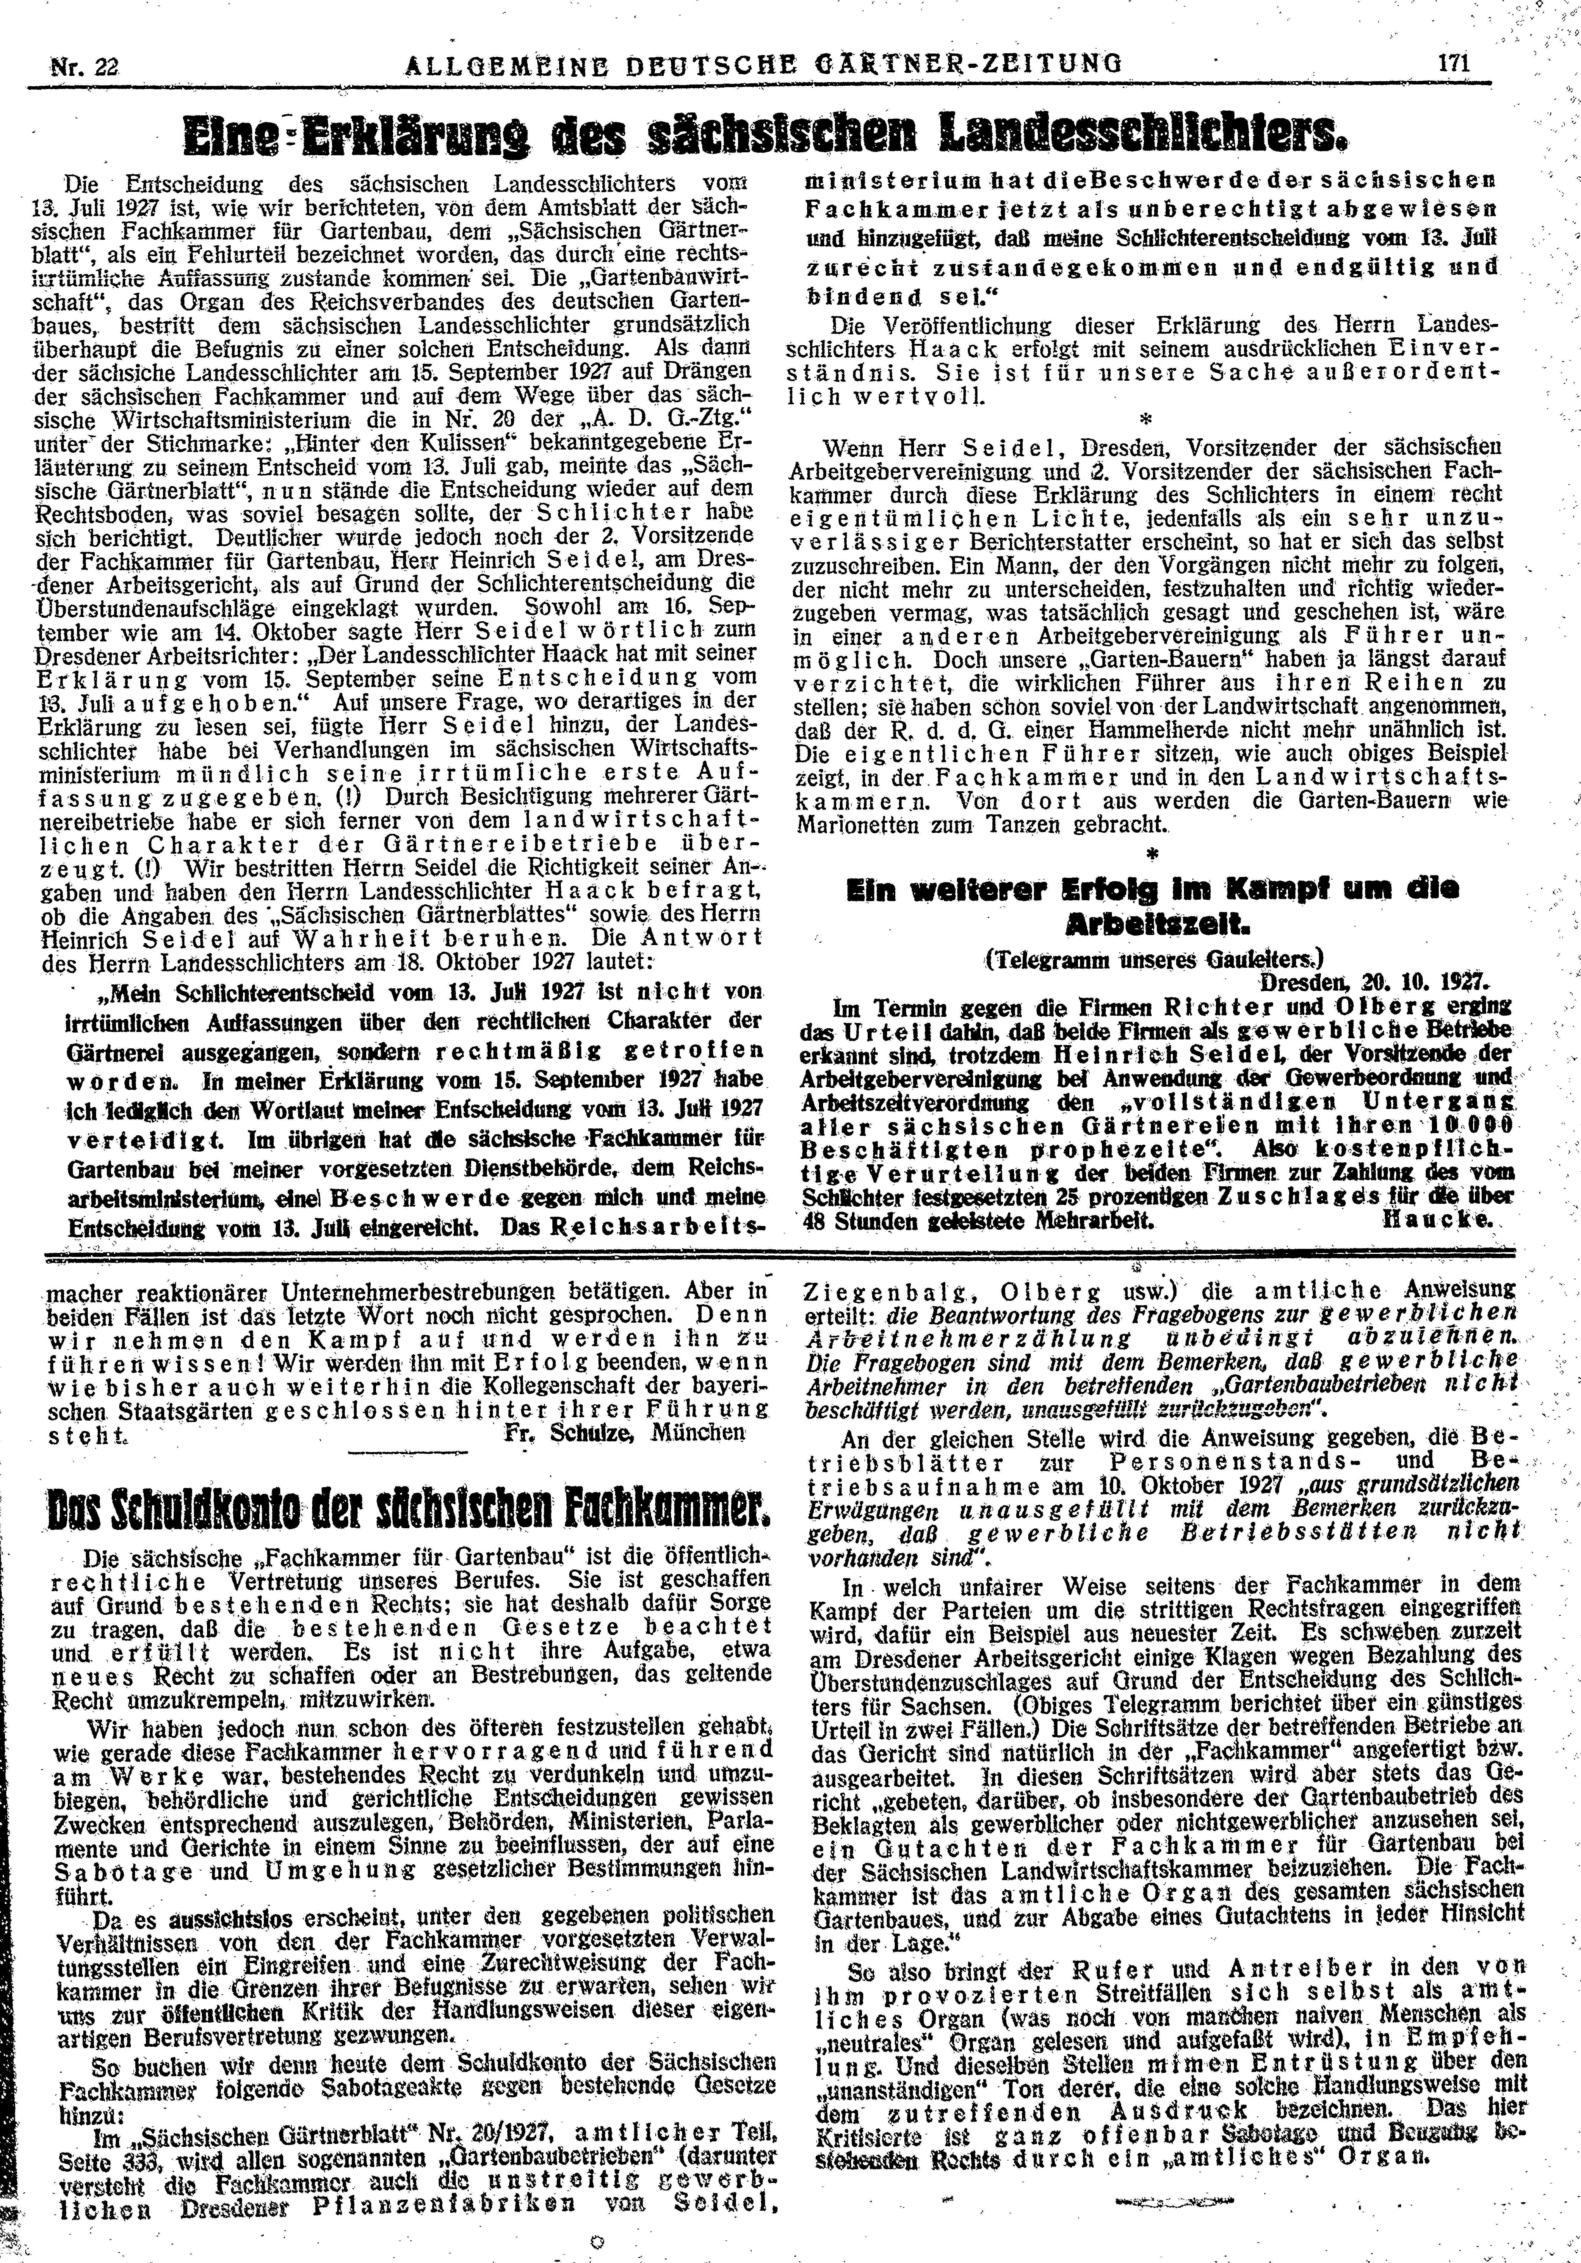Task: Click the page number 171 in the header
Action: point(1454,63)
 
